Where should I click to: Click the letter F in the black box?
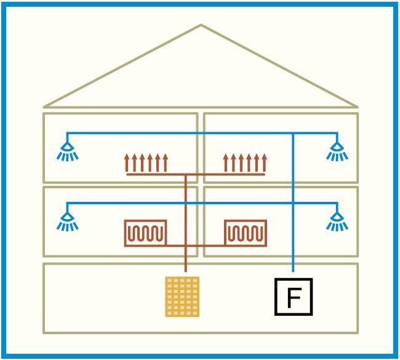[x=294, y=297]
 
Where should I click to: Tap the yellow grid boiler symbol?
[x=182, y=297]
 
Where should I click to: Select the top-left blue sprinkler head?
[x=67, y=151]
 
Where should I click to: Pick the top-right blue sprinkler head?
[x=337, y=151]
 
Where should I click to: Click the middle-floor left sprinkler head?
[x=67, y=222]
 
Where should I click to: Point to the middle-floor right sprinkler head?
[x=337, y=222]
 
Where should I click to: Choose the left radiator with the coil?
[x=145, y=233]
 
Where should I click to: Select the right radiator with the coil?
[x=246, y=233]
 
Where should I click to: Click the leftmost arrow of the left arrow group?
[x=127, y=162]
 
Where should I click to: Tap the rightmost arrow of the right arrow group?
[x=264, y=162]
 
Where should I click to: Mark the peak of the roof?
[x=201, y=25]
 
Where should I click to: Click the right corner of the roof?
[x=357, y=107]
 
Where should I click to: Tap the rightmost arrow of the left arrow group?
[x=166, y=162]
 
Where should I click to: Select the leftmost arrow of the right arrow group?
[x=225, y=162]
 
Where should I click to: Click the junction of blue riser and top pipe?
[x=293, y=133]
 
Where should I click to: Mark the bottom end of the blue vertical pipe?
[x=293, y=271]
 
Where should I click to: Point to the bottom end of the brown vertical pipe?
[x=186, y=271]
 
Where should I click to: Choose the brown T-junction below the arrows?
[x=186, y=175]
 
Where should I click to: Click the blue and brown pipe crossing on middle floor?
[x=186, y=203]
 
